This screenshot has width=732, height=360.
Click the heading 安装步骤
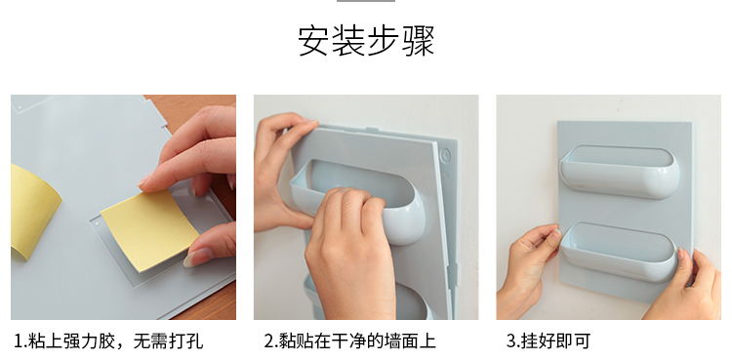point(366,41)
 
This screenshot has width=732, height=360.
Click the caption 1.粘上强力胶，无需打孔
point(108,340)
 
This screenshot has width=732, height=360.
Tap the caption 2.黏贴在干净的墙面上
point(349,340)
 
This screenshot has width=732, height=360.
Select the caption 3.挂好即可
point(549,340)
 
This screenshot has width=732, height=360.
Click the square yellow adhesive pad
point(149,229)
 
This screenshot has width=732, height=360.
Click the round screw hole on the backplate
point(445,154)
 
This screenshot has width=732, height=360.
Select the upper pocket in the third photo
point(620,172)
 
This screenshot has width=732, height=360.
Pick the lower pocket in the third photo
point(619,252)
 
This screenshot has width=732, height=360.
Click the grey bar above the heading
point(366,1)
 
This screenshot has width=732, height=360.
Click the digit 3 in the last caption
point(510,341)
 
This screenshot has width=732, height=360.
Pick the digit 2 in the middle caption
point(268,341)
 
